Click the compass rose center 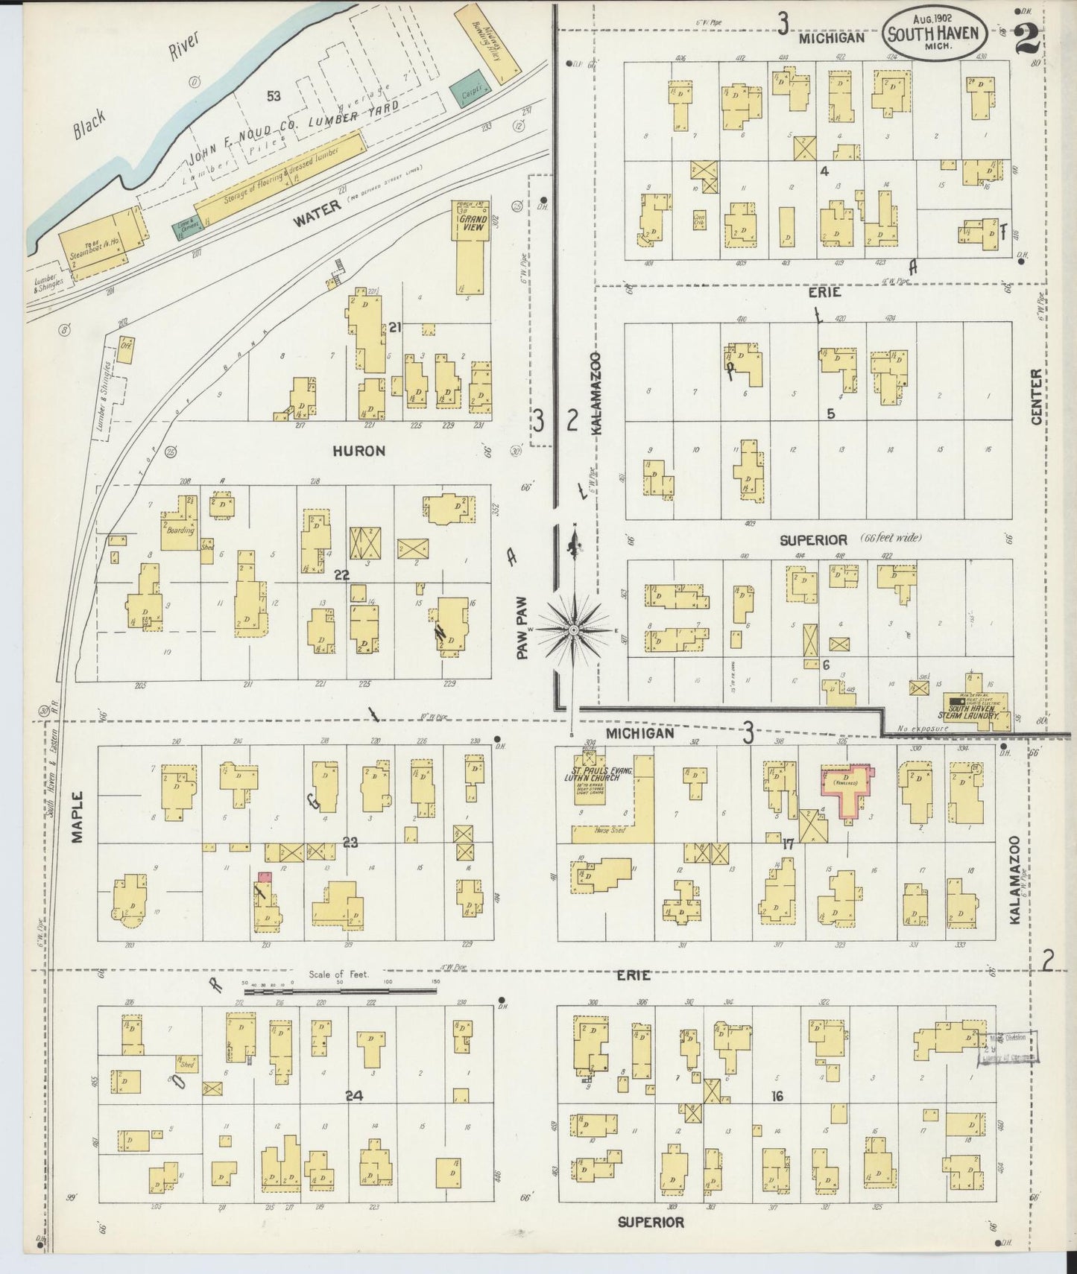coord(574,630)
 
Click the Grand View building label coord(473,222)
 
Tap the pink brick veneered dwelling coord(847,791)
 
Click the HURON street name coord(359,451)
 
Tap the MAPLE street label coord(78,817)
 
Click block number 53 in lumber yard coord(274,95)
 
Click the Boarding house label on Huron coord(180,530)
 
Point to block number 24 coord(354,1095)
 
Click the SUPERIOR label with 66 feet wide coord(814,539)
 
